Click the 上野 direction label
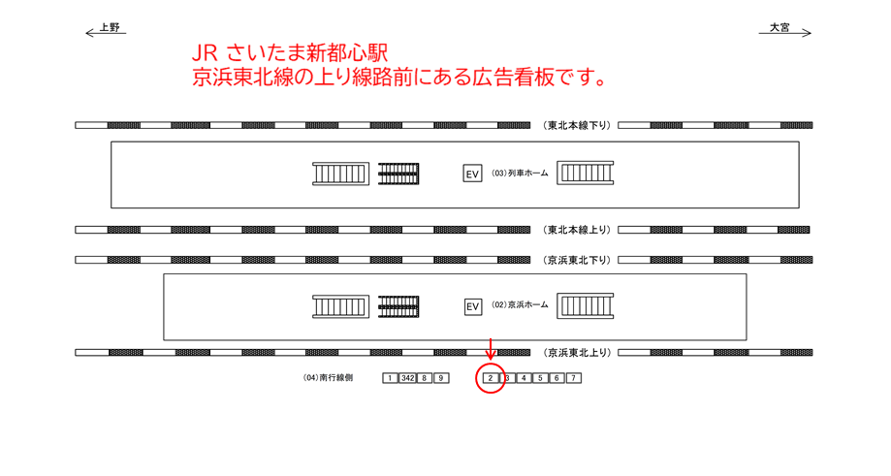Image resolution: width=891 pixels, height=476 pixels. pyautogui.click(x=109, y=28)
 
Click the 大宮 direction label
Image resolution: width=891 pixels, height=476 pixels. pyautogui.click(x=780, y=28)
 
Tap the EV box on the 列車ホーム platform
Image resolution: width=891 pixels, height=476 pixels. pyautogui.click(x=472, y=175)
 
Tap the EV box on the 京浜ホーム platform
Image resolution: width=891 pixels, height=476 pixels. pyautogui.click(x=472, y=306)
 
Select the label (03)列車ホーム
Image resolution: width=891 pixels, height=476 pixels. pyautogui.click(x=520, y=174)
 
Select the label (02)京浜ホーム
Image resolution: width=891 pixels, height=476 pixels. pyautogui.click(x=520, y=305)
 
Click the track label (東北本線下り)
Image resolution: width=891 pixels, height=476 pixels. pyautogui.click(x=576, y=125)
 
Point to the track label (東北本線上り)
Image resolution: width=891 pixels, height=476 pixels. pyautogui.click(x=576, y=230)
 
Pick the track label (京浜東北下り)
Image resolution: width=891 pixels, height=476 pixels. pyautogui.click(x=576, y=260)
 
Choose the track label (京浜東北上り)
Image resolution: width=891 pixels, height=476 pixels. pyautogui.click(x=576, y=353)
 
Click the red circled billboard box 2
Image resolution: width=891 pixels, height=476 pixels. pyautogui.click(x=491, y=378)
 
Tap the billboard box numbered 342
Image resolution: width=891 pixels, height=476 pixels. pyautogui.click(x=408, y=378)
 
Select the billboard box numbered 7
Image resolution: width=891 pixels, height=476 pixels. pyautogui.click(x=574, y=378)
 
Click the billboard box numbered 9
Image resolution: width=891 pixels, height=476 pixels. pyautogui.click(x=441, y=378)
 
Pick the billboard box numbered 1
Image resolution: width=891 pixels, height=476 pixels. pyautogui.click(x=390, y=378)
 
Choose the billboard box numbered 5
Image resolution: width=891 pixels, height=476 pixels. pyautogui.click(x=540, y=378)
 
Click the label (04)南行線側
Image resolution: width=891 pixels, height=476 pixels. pyautogui.click(x=328, y=378)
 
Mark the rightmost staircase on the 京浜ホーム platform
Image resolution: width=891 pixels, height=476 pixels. pyautogui.click(x=586, y=306)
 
